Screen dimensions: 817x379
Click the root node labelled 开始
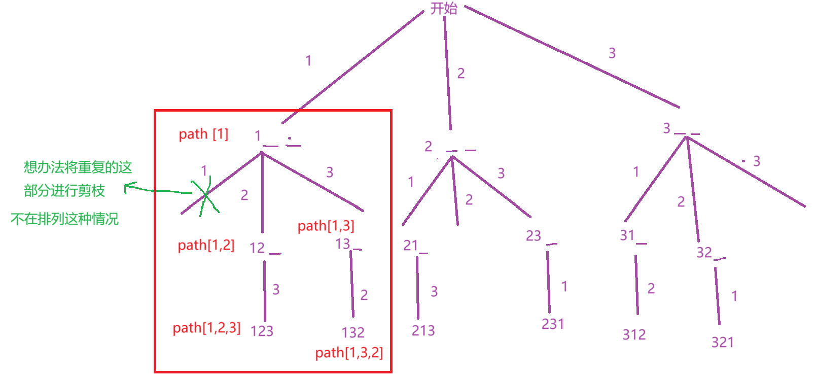click(x=444, y=9)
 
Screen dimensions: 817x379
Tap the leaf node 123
click(x=262, y=331)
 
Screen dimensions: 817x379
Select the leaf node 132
click(x=353, y=332)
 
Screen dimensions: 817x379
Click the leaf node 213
click(x=423, y=331)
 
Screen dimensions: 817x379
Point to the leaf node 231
click(x=553, y=324)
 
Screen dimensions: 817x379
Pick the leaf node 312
click(x=634, y=334)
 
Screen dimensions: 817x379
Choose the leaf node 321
click(x=722, y=342)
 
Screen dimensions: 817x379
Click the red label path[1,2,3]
click(x=206, y=328)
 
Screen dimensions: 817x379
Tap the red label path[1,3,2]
click(x=349, y=353)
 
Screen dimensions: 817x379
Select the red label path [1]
click(x=203, y=134)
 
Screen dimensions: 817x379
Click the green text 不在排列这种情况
click(x=64, y=219)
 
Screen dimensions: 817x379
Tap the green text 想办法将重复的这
click(x=78, y=167)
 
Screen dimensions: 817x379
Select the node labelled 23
click(x=534, y=235)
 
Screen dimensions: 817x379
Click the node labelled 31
click(x=627, y=235)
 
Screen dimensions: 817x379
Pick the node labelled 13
click(x=343, y=244)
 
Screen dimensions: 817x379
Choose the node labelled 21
click(x=410, y=246)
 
